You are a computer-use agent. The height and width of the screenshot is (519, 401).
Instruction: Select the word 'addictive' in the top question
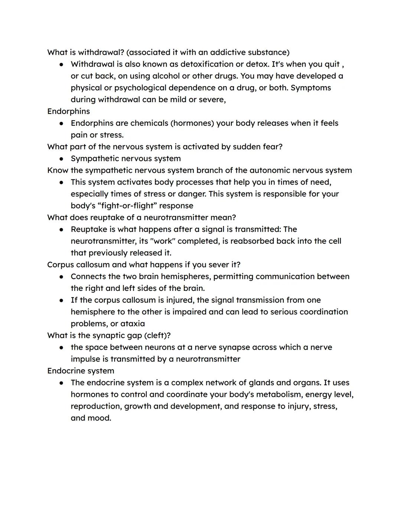point(228,52)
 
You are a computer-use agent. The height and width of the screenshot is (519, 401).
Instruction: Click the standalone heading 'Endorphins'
point(68,111)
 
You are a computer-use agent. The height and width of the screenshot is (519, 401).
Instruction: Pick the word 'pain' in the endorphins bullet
point(79,135)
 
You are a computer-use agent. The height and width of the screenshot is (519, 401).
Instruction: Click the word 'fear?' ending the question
point(273,147)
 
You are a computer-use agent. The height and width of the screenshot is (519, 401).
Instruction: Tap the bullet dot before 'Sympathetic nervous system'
point(61,159)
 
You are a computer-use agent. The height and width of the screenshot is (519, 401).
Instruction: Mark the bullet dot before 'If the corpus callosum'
point(61,300)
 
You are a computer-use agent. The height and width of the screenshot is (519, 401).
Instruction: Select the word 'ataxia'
point(133,324)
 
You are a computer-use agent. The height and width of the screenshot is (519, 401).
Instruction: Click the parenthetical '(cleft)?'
point(154,335)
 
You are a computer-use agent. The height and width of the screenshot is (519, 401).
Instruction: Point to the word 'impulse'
point(85,359)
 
